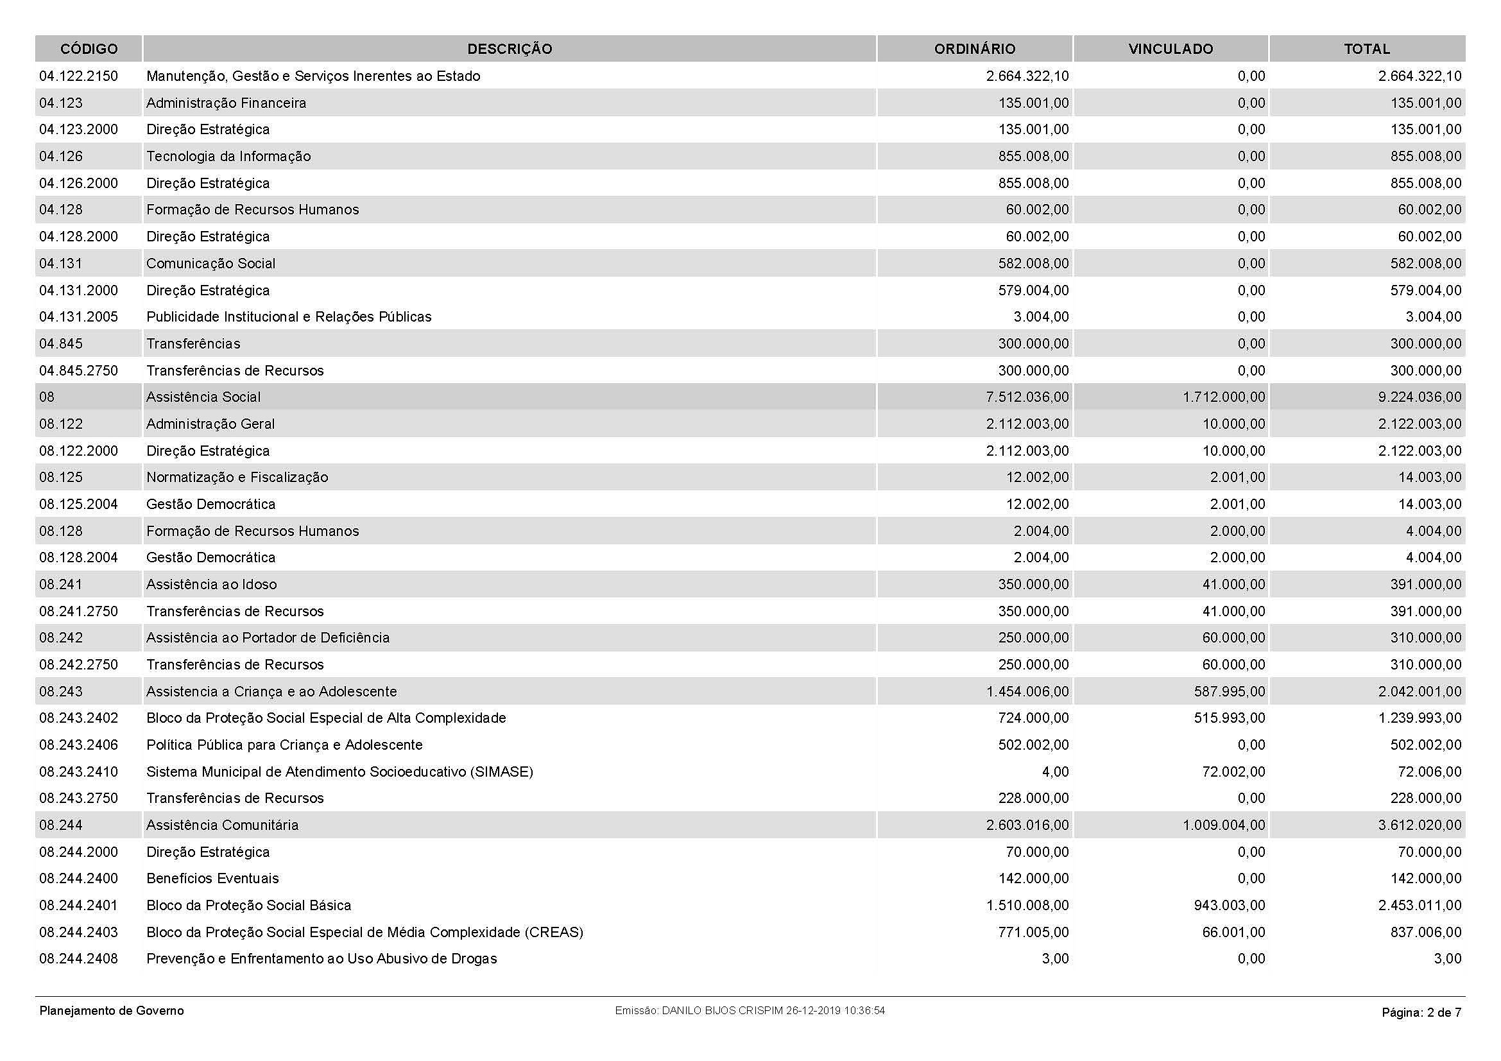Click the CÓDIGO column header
tap(89, 49)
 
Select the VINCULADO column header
tap(1171, 49)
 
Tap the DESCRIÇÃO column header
tap(510, 49)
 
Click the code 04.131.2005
tap(78, 317)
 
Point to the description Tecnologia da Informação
tap(228, 156)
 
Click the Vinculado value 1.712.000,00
tap(1223, 397)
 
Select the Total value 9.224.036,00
tap(1420, 397)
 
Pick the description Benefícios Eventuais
tap(212, 879)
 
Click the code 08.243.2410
tap(78, 772)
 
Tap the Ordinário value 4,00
tap(1055, 772)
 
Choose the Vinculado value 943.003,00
tap(1229, 906)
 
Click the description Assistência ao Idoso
tap(211, 585)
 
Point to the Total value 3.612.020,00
tap(1420, 825)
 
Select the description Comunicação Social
tap(210, 263)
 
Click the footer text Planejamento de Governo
tap(112, 1011)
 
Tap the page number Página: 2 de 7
tap(1421, 1013)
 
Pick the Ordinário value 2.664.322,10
tap(1027, 76)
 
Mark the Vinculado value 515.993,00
tap(1229, 718)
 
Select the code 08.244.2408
tap(78, 959)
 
